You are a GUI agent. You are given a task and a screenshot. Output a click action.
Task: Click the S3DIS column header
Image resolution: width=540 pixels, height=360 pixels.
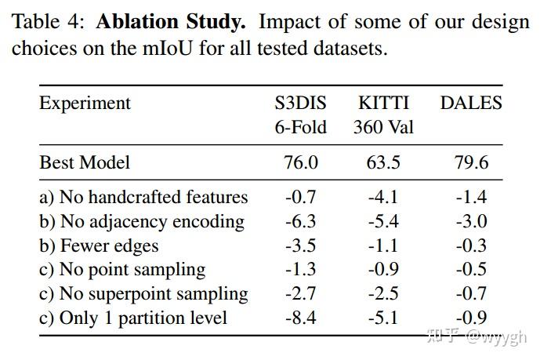point(300,104)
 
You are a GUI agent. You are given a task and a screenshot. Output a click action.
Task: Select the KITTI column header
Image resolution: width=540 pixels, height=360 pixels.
point(383,104)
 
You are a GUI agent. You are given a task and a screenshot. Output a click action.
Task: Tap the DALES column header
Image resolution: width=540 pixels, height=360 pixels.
point(470,104)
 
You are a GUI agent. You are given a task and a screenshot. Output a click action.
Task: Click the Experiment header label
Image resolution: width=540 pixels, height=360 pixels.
point(85,104)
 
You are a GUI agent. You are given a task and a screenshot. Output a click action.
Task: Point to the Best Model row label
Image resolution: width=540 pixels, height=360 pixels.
point(85,163)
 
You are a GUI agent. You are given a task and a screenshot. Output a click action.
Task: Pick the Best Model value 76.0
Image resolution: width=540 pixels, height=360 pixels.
point(301,163)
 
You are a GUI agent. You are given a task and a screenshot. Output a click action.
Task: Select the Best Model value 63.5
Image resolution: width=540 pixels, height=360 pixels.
point(383,163)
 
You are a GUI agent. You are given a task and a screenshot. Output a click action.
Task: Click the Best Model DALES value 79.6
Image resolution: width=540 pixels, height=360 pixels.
point(470,163)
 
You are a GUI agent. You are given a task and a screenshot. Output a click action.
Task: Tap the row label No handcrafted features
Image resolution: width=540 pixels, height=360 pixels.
point(143,197)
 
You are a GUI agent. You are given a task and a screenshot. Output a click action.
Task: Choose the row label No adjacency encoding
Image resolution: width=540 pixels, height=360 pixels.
point(142,221)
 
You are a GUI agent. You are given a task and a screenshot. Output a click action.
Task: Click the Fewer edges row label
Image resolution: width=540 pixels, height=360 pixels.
point(99,245)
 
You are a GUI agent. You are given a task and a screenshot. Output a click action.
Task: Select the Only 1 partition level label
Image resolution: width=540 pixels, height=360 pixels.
point(133,318)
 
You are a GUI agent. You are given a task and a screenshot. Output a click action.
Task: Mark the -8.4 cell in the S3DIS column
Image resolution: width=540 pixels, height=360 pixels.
point(301,318)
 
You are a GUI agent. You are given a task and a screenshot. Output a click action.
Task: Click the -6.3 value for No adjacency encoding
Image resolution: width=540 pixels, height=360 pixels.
point(301,221)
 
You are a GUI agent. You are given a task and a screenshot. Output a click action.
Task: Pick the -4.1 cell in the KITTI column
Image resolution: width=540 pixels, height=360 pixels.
point(383,197)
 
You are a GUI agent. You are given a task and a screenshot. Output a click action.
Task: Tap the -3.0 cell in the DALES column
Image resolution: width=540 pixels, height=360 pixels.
point(470,221)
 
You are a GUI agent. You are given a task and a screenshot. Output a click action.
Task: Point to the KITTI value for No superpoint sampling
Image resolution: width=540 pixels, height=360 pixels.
point(383,294)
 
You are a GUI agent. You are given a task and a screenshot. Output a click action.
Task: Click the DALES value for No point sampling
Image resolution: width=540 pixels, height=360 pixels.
point(470,270)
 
